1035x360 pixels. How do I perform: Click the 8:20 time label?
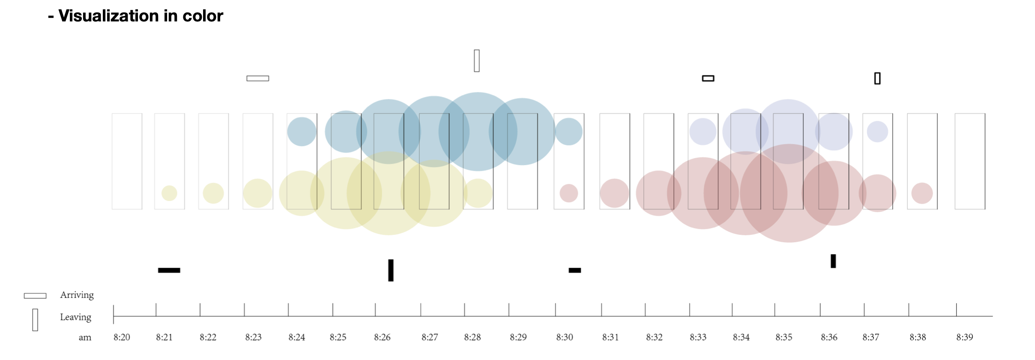(x=122, y=337)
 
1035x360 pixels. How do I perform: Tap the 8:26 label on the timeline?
(x=382, y=337)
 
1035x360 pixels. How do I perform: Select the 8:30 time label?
(x=565, y=337)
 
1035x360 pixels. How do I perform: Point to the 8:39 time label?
(x=965, y=337)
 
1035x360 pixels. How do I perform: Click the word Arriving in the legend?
(x=77, y=295)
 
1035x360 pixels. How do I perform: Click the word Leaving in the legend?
(x=75, y=317)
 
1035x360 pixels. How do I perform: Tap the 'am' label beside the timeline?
(x=85, y=337)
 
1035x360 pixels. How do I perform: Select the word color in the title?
(x=203, y=16)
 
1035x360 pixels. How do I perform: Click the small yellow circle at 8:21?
(x=169, y=193)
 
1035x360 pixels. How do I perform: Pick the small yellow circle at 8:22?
(x=213, y=193)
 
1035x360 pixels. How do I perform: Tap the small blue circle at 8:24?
(x=302, y=132)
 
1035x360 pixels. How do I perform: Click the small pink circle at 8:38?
(x=922, y=193)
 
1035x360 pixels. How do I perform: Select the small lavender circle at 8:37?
(x=877, y=132)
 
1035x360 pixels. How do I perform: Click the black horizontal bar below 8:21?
(x=169, y=270)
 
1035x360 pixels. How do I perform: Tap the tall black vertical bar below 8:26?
(x=391, y=270)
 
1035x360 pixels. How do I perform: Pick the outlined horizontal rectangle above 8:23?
(x=258, y=78)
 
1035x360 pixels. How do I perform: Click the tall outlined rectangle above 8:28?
(x=477, y=61)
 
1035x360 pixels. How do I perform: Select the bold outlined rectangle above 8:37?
(x=877, y=78)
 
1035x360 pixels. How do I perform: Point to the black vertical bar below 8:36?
(x=833, y=261)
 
